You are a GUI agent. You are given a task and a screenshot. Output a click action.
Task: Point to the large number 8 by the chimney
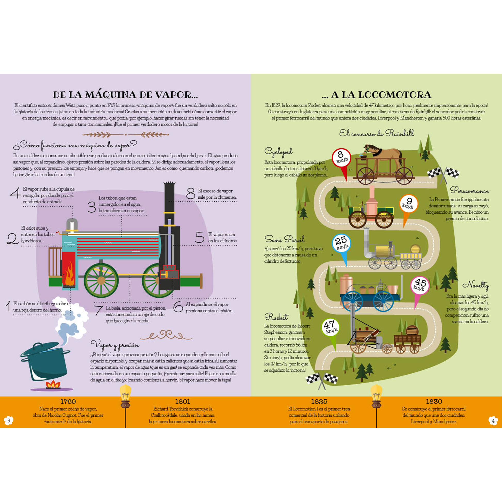pyautogui.click(x=191, y=193)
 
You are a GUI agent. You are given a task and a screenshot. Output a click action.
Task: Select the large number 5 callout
pyautogui.click(x=200, y=237)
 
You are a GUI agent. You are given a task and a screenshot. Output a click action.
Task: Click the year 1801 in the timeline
pyautogui.click(x=182, y=401)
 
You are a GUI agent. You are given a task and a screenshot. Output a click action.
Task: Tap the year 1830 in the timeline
pyautogui.click(x=434, y=401)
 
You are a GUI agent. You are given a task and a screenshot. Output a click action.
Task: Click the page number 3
pyautogui.click(x=9, y=420)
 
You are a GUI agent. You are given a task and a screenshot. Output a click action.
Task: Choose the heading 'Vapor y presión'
pyautogui.click(x=115, y=345)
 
